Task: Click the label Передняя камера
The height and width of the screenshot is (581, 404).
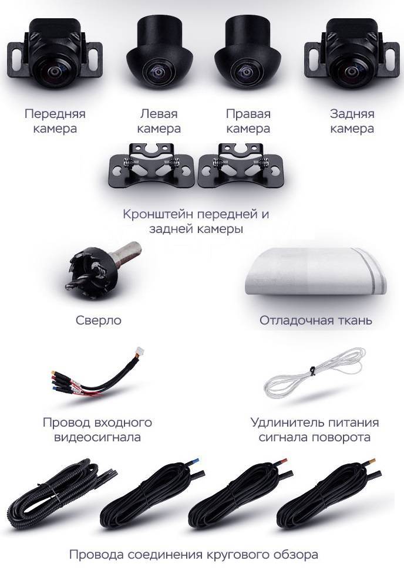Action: click(55, 121)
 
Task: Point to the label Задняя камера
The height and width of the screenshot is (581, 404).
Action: click(352, 121)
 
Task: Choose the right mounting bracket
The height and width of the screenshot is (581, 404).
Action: click(243, 165)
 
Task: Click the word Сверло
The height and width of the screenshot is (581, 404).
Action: click(99, 320)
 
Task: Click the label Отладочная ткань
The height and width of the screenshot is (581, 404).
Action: click(316, 321)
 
